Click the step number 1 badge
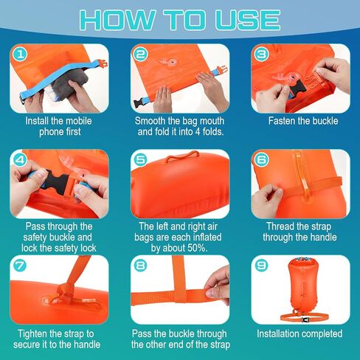click(20, 55)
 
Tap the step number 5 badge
click(141, 160)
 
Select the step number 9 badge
click(261, 266)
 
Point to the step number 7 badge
click(20, 266)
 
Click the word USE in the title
click(248, 20)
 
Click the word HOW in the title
click(117, 20)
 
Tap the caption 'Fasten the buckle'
click(303, 121)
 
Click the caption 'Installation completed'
click(300, 333)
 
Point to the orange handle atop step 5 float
click(182, 156)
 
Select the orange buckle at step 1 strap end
click(103, 64)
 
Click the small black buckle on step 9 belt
click(305, 320)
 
